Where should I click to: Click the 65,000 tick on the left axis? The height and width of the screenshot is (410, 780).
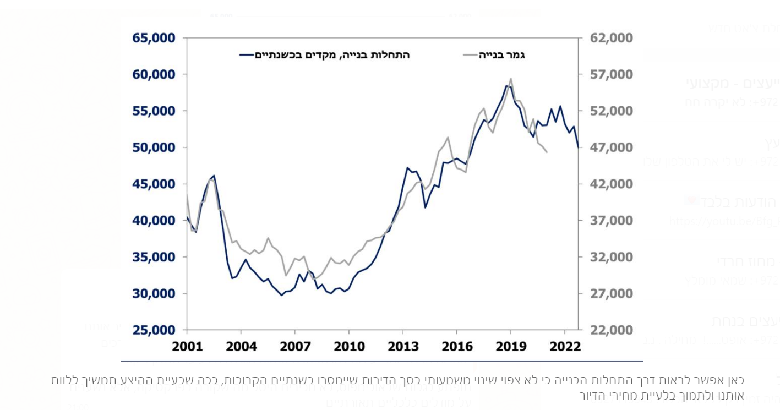pyautogui.click(x=154, y=39)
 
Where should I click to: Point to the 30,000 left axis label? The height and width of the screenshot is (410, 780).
pyautogui.click(x=154, y=293)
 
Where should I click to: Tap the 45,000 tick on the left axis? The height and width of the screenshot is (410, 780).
pyautogui.click(x=154, y=184)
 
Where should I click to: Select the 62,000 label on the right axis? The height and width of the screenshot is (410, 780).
pyautogui.click(x=611, y=39)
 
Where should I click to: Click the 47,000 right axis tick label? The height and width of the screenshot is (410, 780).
pyautogui.click(x=611, y=147)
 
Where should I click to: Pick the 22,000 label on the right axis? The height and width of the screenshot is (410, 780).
pyautogui.click(x=611, y=330)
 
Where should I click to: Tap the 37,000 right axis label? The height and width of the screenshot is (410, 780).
pyautogui.click(x=611, y=221)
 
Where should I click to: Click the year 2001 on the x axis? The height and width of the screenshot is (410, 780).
pyautogui.click(x=188, y=346)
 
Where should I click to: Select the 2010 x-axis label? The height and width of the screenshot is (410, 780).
pyautogui.click(x=349, y=346)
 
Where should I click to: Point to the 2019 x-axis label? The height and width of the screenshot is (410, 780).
pyautogui.click(x=511, y=346)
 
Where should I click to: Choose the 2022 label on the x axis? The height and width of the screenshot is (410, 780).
pyautogui.click(x=565, y=346)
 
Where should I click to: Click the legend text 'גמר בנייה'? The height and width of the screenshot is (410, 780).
pyautogui.click(x=501, y=55)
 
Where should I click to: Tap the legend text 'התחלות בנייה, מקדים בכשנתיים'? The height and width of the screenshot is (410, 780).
pyautogui.click(x=332, y=55)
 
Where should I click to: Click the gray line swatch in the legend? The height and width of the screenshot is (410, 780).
pyautogui.click(x=471, y=55)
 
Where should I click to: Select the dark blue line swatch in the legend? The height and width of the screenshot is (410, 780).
pyautogui.click(x=247, y=55)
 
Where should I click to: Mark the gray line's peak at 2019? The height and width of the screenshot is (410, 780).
pyautogui.click(x=511, y=79)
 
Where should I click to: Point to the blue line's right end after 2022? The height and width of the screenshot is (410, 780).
pyautogui.click(x=578, y=147)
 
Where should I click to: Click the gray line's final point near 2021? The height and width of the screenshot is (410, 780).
pyautogui.click(x=547, y=152)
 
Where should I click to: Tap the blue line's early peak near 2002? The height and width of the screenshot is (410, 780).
pyautogui.click(x=214, y=176)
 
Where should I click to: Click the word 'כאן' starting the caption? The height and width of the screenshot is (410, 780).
pyautogui.click(x=735, y=380)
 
